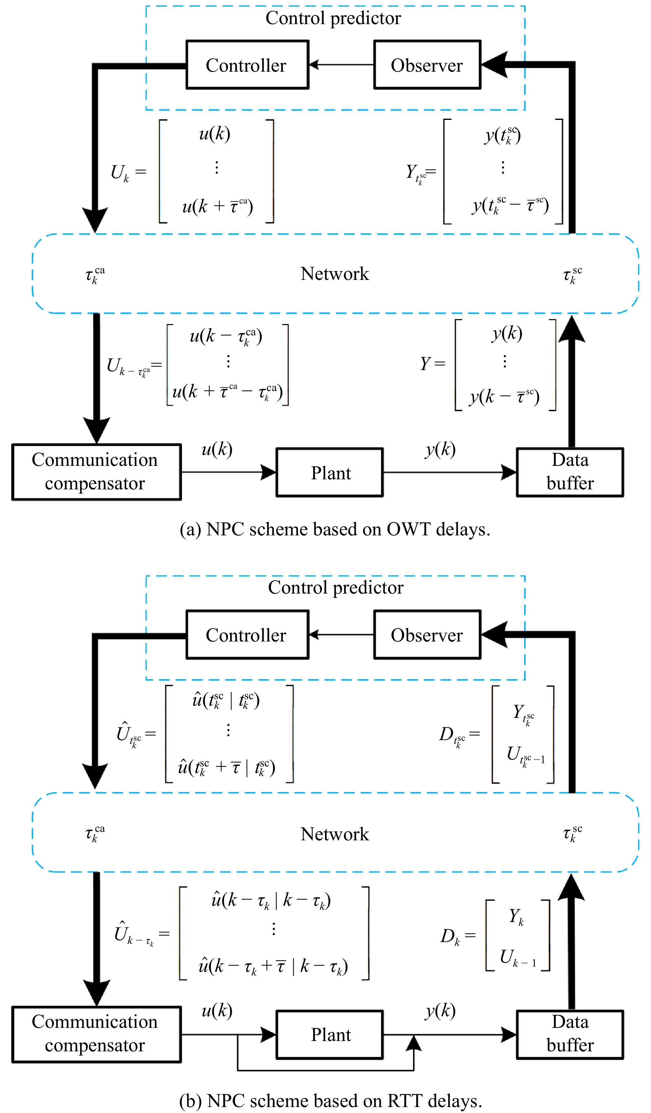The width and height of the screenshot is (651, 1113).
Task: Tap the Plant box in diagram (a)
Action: tap(329, 472)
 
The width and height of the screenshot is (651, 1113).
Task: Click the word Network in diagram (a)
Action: tap(335, 274)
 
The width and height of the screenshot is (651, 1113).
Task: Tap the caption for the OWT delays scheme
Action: tap(335, 529)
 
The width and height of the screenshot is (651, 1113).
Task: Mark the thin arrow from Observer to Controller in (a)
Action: tap(341, 65)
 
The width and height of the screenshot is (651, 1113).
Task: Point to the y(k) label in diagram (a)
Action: tap(440, 450)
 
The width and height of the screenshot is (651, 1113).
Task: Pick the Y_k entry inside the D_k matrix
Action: tap(516, 916)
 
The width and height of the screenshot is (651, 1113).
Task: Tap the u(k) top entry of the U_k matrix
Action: tap(214, 133)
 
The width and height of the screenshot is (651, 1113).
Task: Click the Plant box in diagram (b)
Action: tap(329, 1034)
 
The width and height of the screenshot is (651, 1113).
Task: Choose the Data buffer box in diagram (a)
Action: tap(570, 472)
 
